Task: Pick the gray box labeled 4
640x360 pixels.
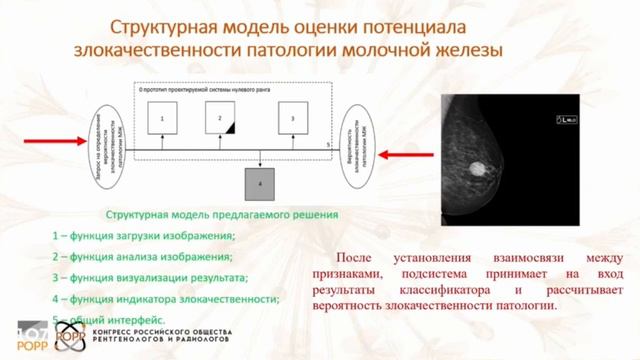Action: (x=261, y=184)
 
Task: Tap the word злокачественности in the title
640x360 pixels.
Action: (x=164, y=48)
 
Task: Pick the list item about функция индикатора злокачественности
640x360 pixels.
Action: (x=165, y=298)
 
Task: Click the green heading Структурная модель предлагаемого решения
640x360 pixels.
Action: (x=222, y=214)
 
